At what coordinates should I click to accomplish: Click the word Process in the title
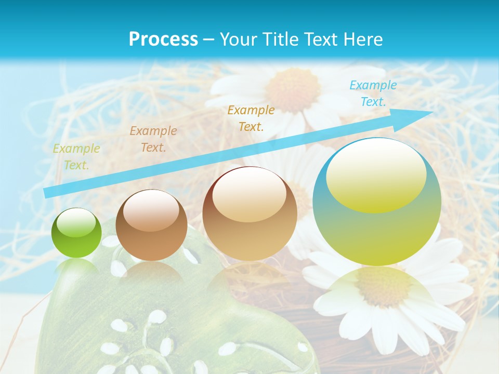(x=163, y=39)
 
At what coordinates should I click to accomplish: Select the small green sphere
(x=76, y=233)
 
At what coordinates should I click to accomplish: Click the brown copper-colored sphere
(x=151, y=225)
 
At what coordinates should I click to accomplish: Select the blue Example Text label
(x=373, y=94)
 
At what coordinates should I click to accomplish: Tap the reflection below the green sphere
(x=76, y=266)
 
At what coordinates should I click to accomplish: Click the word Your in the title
(x=237, y=39)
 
